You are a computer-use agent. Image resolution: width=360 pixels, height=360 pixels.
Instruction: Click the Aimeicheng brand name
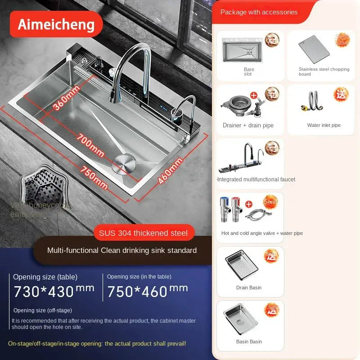(x=56, y=24)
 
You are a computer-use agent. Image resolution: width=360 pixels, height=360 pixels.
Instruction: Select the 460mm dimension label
(x=171, y=171)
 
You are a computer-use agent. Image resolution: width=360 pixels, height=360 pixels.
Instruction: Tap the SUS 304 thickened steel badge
(x=144, y=233)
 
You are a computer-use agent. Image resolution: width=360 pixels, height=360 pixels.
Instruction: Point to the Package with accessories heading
(x=259, y=12)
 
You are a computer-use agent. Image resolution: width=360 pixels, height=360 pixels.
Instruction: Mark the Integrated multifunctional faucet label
(x=256, y=180)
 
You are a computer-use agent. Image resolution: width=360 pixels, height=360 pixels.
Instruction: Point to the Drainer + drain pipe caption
(x=248, y=126)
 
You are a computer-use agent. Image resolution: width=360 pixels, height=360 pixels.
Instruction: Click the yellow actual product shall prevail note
(x=97, y=343)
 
